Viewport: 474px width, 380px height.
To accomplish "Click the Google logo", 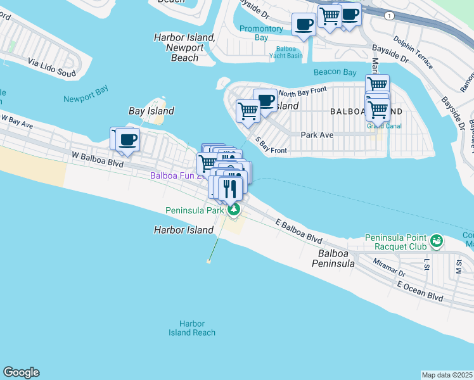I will point(21,372).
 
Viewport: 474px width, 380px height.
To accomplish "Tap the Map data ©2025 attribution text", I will point(447,375).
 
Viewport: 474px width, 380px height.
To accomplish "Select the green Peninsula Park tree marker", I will point(234,210).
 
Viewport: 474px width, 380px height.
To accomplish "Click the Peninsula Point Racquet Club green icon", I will point(436,241).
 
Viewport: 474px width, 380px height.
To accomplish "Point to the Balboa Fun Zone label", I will point(177,175).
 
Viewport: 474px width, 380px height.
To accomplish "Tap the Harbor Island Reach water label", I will point(192,328).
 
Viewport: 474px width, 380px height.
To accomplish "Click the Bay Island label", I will point(151,111).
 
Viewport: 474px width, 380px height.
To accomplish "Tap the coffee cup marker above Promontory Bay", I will point(304,25).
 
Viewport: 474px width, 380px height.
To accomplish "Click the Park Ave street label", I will point(317,135).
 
